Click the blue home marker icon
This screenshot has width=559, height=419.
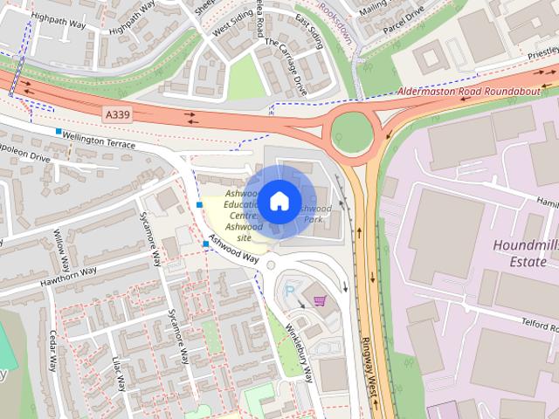click(x=279, y=201)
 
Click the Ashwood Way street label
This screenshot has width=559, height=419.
click(x=236, y=252)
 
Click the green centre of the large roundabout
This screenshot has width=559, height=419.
click(x=352, y=134)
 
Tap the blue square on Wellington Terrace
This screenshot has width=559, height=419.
click(x=59, y=132)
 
